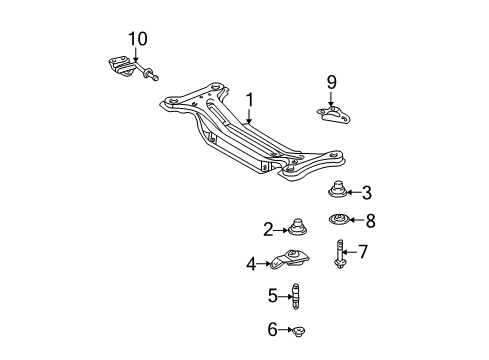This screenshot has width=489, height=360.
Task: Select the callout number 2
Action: (x=268, y=229)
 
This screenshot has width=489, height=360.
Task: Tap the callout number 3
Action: (x=366, y=193)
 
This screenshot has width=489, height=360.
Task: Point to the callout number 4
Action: (x=252, y=265)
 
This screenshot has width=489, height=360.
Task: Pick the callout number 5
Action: (x=273, y=295)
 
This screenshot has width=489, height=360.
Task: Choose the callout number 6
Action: (x=273, y=329)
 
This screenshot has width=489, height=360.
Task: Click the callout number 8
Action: (x=368, y=222)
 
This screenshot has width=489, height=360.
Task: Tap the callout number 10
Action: (x=137, y=39)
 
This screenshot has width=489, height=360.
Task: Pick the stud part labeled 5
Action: (x=296, y=295)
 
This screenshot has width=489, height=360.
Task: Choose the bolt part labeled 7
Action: (x=340, y=253)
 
